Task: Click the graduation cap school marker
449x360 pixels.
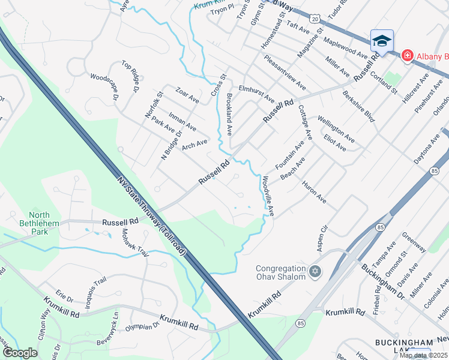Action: click(382, 41)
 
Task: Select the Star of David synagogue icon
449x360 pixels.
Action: click(314, 273)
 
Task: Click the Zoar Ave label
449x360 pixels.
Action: click(187, 95)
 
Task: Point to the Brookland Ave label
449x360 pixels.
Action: click(229, 113)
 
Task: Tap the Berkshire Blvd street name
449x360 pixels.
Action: click(358, 106)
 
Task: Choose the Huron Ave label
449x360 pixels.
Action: click(314, 191)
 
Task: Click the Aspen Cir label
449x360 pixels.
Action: click(322, 238)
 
